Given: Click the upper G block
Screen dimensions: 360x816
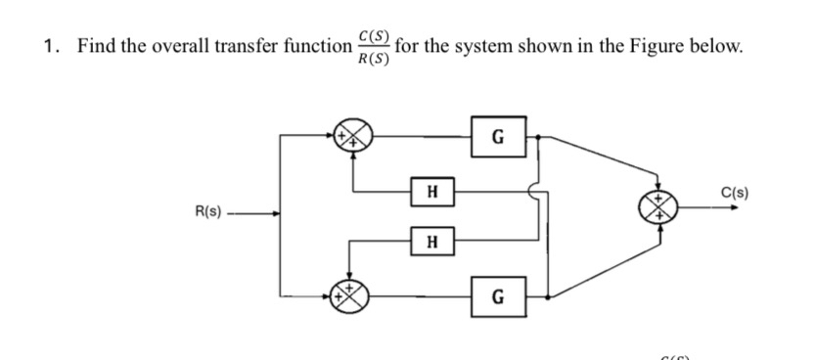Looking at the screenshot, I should click(x=498, y=134).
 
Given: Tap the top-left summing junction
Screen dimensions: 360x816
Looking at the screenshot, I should click(x=353, y=136).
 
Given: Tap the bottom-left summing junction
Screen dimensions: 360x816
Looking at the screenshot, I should click(x=353, y=292).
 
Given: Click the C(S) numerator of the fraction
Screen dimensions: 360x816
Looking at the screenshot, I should click(x=375, y=36).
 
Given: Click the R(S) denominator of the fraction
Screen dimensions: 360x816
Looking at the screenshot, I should click(x=375, y=58).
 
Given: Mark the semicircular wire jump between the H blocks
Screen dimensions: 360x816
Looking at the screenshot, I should click(x=536, y=193).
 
